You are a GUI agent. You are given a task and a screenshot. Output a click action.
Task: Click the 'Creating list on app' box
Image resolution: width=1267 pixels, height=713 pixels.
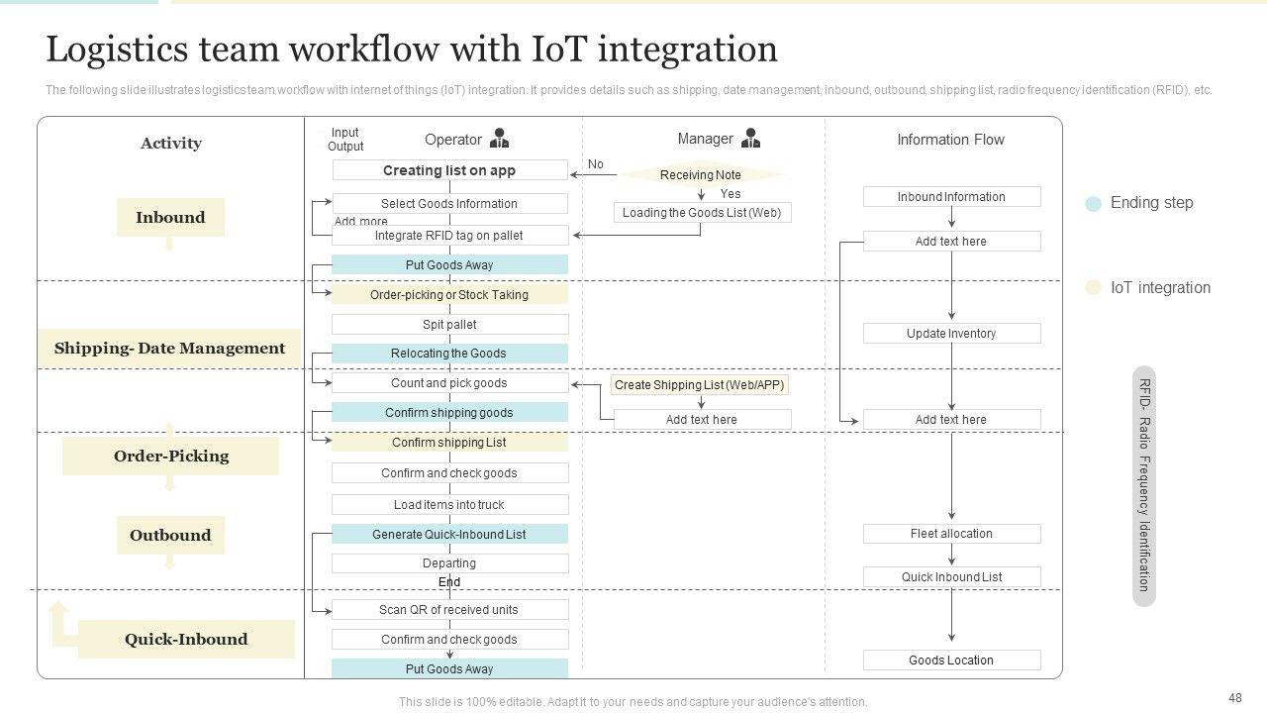[449, 170]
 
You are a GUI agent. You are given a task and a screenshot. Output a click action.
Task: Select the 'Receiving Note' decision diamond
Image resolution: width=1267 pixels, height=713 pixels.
[701, 175]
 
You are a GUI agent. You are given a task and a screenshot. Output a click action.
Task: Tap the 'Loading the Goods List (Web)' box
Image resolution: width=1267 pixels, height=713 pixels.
[702, 213]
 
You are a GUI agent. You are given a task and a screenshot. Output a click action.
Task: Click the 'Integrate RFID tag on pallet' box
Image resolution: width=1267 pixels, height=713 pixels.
[449, 236]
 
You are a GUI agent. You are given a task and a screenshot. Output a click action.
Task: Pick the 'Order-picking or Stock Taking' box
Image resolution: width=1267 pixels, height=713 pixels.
[449, 294]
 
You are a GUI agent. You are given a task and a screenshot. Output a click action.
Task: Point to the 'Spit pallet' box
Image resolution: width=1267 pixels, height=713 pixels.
[449, 324]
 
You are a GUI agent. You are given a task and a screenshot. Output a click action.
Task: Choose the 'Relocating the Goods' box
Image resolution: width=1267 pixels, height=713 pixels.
[449, 354]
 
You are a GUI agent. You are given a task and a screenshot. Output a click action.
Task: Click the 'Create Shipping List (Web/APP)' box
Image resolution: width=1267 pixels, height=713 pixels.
[700, 385]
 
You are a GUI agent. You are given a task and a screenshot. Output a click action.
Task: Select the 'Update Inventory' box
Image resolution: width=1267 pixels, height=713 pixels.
[951, 334]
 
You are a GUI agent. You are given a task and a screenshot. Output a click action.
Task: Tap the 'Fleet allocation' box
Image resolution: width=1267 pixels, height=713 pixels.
[951, 534]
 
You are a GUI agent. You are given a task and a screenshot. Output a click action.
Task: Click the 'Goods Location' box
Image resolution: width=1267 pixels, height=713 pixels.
[951, 661]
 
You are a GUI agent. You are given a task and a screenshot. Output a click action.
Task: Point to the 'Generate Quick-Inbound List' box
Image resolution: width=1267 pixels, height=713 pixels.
[449, 535]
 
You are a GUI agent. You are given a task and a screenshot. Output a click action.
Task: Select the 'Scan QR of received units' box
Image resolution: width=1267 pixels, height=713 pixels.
[449, 610]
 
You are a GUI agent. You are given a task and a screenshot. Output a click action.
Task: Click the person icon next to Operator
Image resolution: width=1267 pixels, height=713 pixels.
[500, 139]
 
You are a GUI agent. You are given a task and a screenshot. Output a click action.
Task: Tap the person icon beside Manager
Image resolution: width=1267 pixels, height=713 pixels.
[751, 139]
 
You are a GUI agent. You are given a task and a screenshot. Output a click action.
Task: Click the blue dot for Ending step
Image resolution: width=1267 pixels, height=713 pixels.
[1093, 204]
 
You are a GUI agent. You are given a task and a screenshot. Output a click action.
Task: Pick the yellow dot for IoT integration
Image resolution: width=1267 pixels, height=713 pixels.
[1093, 288]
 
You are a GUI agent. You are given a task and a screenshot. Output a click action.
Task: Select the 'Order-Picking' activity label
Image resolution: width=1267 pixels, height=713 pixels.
[170, 457]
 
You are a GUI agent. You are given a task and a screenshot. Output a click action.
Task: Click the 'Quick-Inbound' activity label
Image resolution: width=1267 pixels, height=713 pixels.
[186, 640]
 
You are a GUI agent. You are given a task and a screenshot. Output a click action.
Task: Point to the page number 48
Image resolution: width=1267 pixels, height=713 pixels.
[1234, 698]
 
